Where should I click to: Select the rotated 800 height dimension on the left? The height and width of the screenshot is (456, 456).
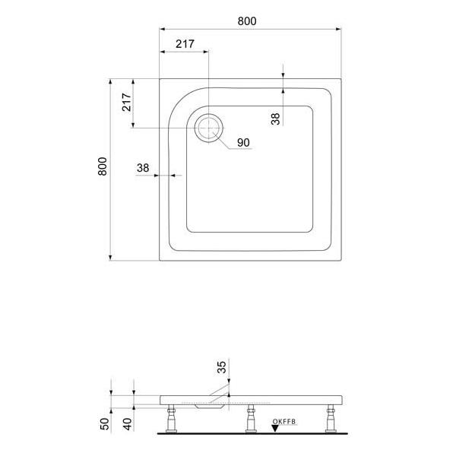click(103, 167)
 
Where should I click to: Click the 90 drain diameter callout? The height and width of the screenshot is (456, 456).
click(243, 143)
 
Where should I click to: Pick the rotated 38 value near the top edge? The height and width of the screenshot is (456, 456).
click(275, 118)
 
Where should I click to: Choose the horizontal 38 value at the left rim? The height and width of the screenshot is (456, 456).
click(143, 168)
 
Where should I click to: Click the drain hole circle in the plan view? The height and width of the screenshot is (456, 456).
click(208, 128)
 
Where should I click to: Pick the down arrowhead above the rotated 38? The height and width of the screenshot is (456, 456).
click(283, 73)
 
